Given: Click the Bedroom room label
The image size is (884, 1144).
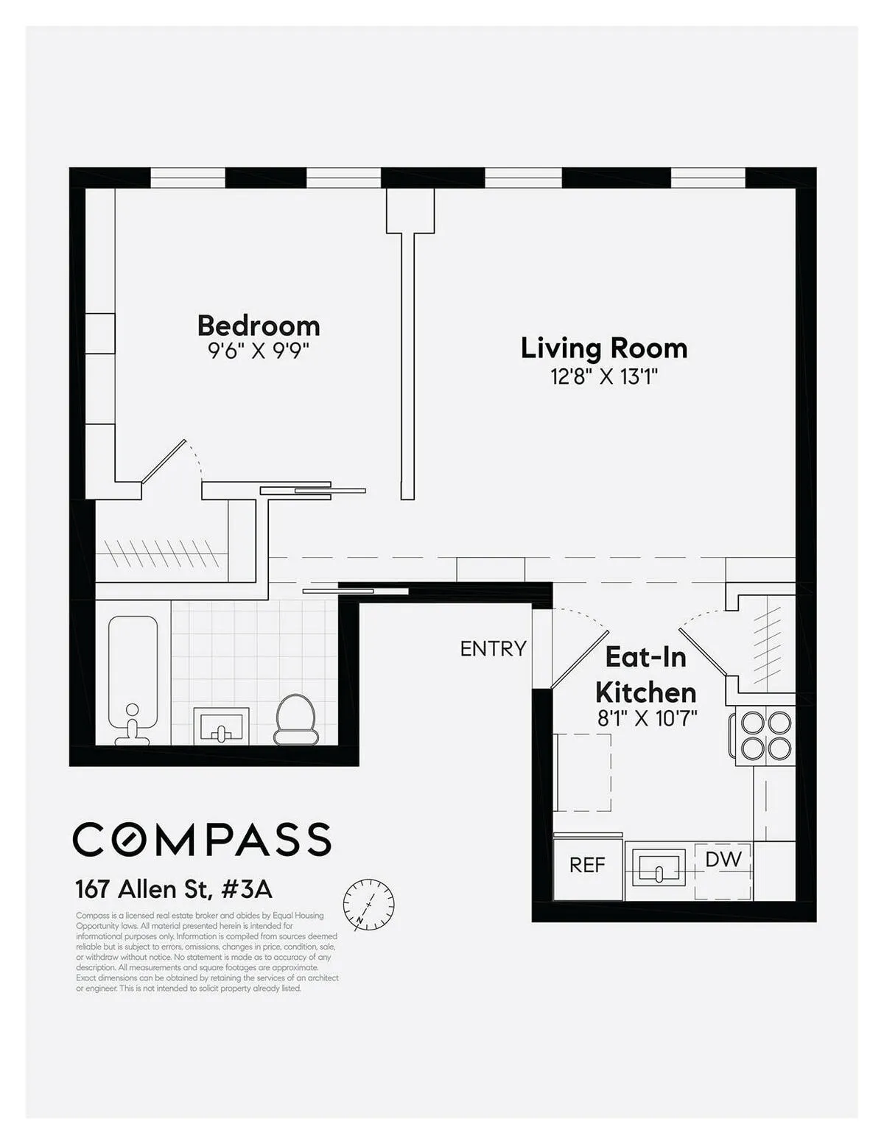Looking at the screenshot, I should [x=259, y=326].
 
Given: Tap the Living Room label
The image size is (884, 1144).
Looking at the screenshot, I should [x=604, y=348].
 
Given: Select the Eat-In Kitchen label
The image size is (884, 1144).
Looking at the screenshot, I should [x=645, y=675].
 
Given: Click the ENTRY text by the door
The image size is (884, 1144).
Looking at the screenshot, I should [x=493, y=648].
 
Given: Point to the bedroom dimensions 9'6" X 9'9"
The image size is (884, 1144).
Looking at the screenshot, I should [x=259, y=351].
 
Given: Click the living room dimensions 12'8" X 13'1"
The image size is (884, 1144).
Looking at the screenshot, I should [x=604, y=377].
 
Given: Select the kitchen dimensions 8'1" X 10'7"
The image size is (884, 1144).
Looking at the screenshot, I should [x=647, y=718].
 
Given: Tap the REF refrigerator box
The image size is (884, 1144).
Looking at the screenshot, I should [x=587, y=866].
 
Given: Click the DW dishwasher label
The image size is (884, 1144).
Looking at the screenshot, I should [x=723, y=860].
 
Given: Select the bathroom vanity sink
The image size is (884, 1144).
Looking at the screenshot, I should [x=221, y=726].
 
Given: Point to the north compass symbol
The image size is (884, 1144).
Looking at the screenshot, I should [x=368, y=904].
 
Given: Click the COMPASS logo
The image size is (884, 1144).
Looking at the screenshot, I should [x=202, y=839].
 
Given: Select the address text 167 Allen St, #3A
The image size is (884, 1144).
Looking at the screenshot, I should [x=174, y=889].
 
